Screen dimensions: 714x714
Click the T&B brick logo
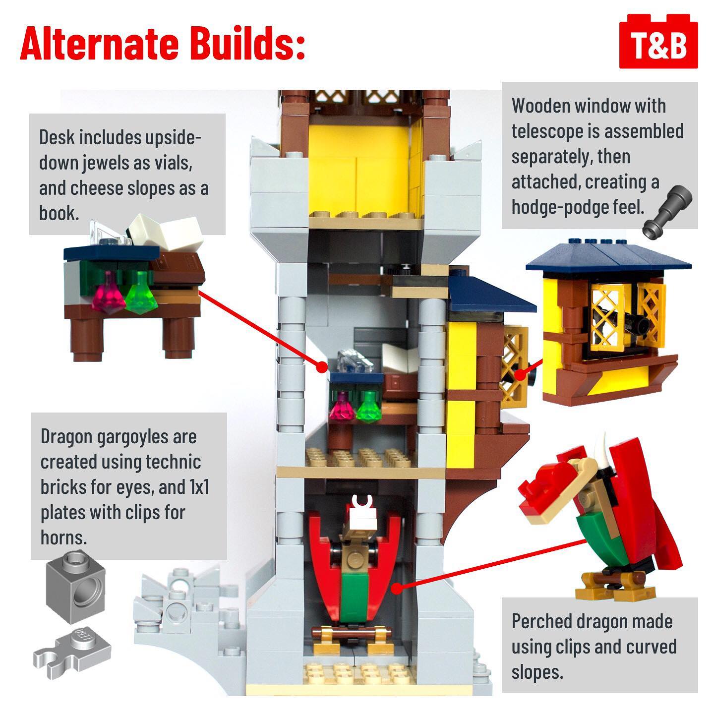coord(658,42)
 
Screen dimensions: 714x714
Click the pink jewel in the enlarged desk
coord(108,293)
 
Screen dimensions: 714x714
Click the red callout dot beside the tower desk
coord(322,367)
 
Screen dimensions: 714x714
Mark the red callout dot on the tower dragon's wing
coord(397,589)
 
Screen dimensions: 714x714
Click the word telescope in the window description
coord(547,131)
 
